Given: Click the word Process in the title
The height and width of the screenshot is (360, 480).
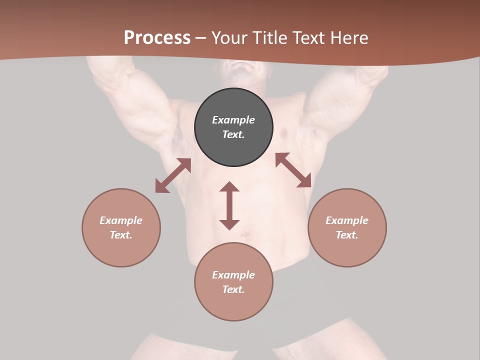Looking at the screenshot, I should click(157, 38).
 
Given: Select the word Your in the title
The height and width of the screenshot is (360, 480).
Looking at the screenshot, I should click(229, 38).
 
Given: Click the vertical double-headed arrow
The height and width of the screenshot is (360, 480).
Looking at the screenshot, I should click(229, 205).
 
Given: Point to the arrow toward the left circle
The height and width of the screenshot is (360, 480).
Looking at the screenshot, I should click(173, 175).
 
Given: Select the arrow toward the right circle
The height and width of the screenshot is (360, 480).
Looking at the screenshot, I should click(293, 170).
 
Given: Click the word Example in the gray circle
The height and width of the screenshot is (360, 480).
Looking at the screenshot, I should click(233, 120).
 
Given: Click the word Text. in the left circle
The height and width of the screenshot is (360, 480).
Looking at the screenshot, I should click(121, 235).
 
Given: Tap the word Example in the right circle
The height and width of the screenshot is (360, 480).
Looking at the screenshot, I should click(347, 220).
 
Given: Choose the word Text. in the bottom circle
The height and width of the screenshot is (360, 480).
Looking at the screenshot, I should click(233, 289).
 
